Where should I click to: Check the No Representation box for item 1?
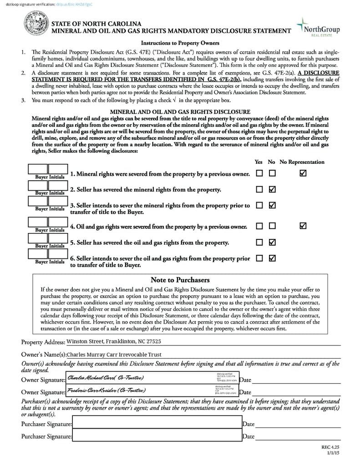tap(303, 173)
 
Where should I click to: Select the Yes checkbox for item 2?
tap(259, 189)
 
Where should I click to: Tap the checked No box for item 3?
tap(272, 205)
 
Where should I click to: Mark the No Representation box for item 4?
tap(303, 226)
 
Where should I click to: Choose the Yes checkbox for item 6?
tap(259, 258)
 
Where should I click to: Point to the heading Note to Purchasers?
tap(180, 280)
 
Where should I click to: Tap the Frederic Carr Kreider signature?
tap(106, 390)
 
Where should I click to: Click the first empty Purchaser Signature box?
tap(157, 423)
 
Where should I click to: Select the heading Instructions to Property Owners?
tap(180, 43)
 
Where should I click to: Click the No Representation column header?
tap(302, 162)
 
